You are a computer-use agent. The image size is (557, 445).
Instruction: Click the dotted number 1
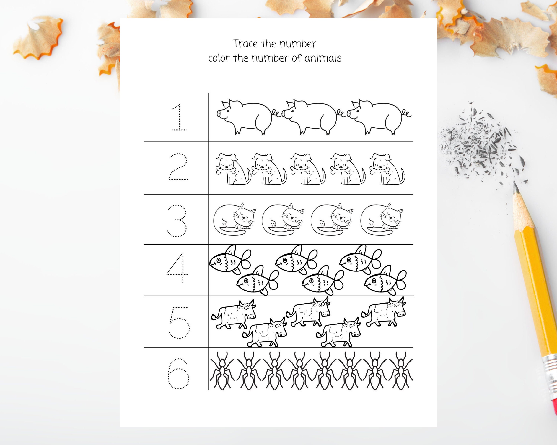click(179, 117)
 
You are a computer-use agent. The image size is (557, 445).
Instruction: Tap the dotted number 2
click(178, 167)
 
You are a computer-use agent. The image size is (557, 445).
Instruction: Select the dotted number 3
click(177, 221)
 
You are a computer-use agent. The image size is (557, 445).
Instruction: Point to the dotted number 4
click(178, 268)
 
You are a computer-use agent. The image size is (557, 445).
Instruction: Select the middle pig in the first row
click(310, 116)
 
